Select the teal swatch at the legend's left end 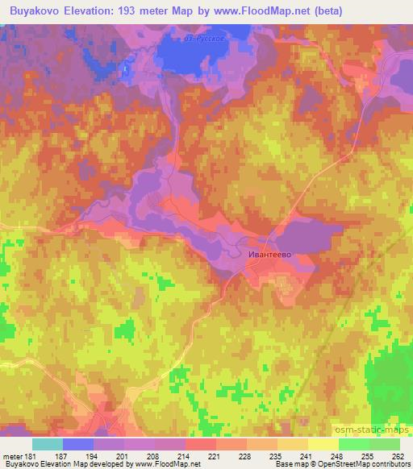tap(48, 443)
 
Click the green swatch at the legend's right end tap(384, 443)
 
